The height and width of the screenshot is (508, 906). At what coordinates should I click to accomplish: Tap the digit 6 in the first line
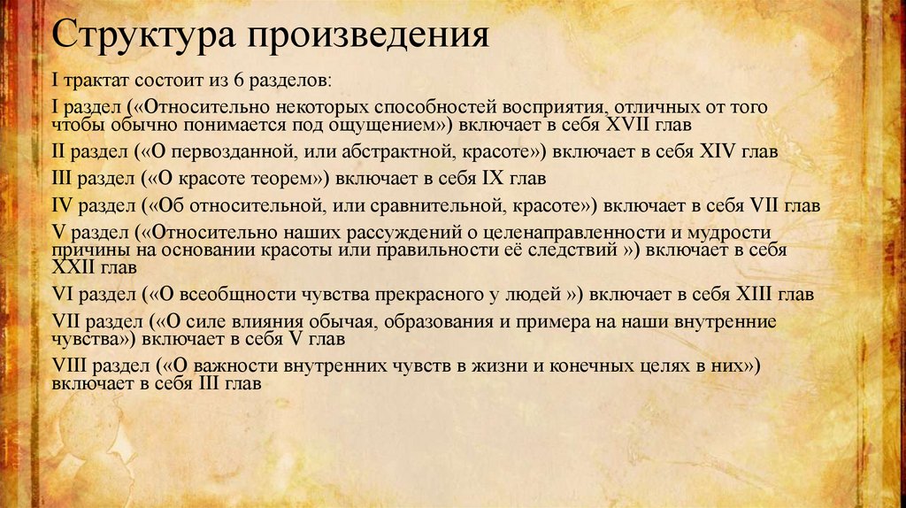(x=239, y=81)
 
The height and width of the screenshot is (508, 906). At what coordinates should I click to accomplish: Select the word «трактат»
(x=95, y=81)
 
